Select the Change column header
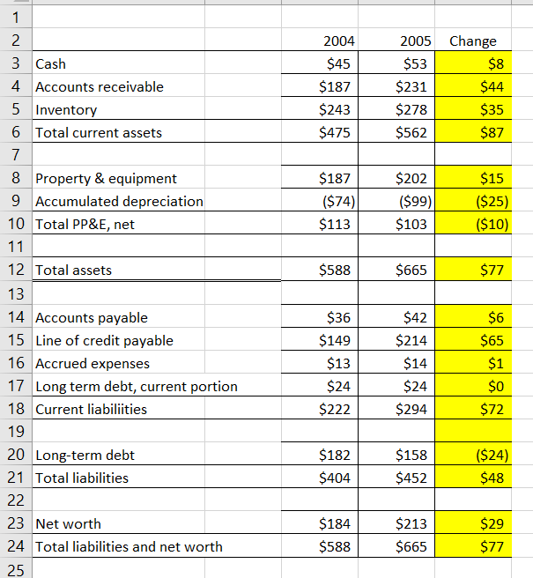click(x=473, y=41)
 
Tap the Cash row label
click(x=50, y=63)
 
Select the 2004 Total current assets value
click(x=334, y=132)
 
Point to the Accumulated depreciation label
click(x=119, y=201)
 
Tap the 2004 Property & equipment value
click(x=334, y=178)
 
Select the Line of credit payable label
click(x=104, y=340)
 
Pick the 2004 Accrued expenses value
click(x=337, y=363)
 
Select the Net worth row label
click(x=68, y=523)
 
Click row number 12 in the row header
click(x=14, y=270)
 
